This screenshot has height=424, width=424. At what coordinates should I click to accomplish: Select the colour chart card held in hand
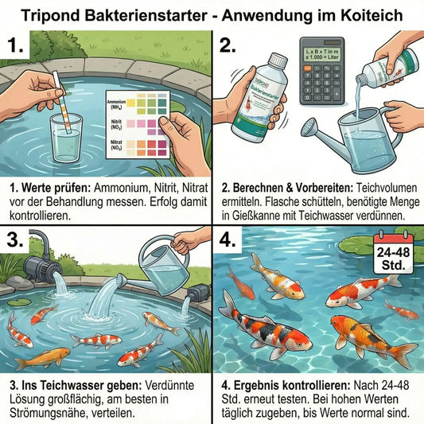tap(131, 124)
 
